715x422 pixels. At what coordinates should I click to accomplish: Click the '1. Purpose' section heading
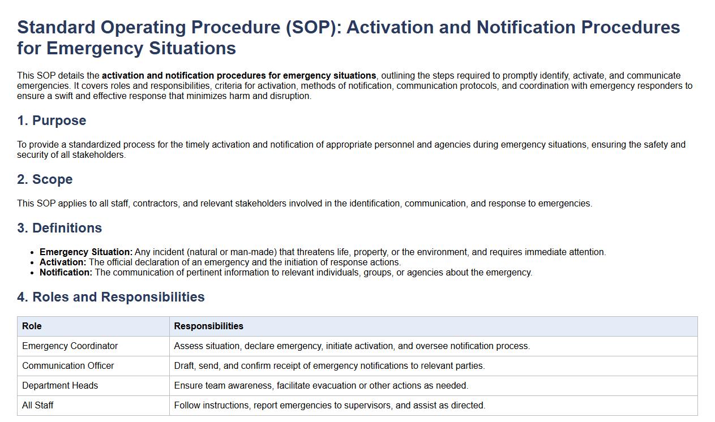point(52,120)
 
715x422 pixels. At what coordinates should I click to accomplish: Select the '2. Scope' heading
point(45,179)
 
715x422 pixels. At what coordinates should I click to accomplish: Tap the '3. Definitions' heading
point(59,228)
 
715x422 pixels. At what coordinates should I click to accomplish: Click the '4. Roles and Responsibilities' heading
point(111,297)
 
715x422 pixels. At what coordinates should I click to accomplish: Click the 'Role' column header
point(32,326)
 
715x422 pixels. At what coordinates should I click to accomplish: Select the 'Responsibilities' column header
point(208,326)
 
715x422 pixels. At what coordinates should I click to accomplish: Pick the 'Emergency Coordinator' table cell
point(70,346)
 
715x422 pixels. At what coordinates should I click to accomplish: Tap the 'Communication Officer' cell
point(68,365)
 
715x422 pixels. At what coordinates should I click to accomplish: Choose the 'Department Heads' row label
point(60,385)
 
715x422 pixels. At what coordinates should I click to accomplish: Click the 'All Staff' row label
point(38,405)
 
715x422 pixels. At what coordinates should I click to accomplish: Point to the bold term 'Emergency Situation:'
point(86,252)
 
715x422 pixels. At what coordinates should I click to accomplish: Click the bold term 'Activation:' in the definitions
point(63,262)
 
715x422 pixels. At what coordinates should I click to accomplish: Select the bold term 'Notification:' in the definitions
point(66,273)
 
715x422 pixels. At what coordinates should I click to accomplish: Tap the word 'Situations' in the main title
point(192,48)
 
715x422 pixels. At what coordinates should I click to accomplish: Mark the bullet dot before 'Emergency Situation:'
point(32,253)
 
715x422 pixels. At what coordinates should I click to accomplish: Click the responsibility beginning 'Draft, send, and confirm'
point(329,365)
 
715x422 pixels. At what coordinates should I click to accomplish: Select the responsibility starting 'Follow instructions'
point(329,405)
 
